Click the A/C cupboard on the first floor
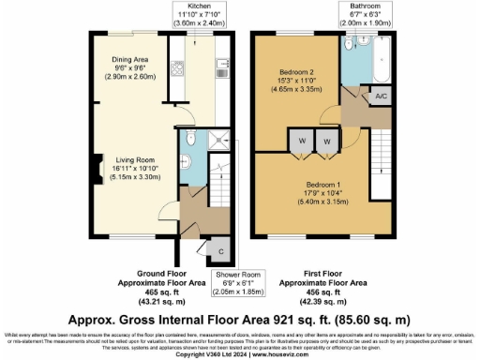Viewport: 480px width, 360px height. (382, 97)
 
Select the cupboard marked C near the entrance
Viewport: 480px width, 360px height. (218, 252)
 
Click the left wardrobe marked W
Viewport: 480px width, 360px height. (302, 140)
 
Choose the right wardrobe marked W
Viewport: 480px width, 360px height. (326, 140)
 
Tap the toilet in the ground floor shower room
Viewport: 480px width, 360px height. (188, 141)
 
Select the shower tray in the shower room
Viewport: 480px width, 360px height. (217, 141)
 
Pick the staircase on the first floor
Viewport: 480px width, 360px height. (382, 155)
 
